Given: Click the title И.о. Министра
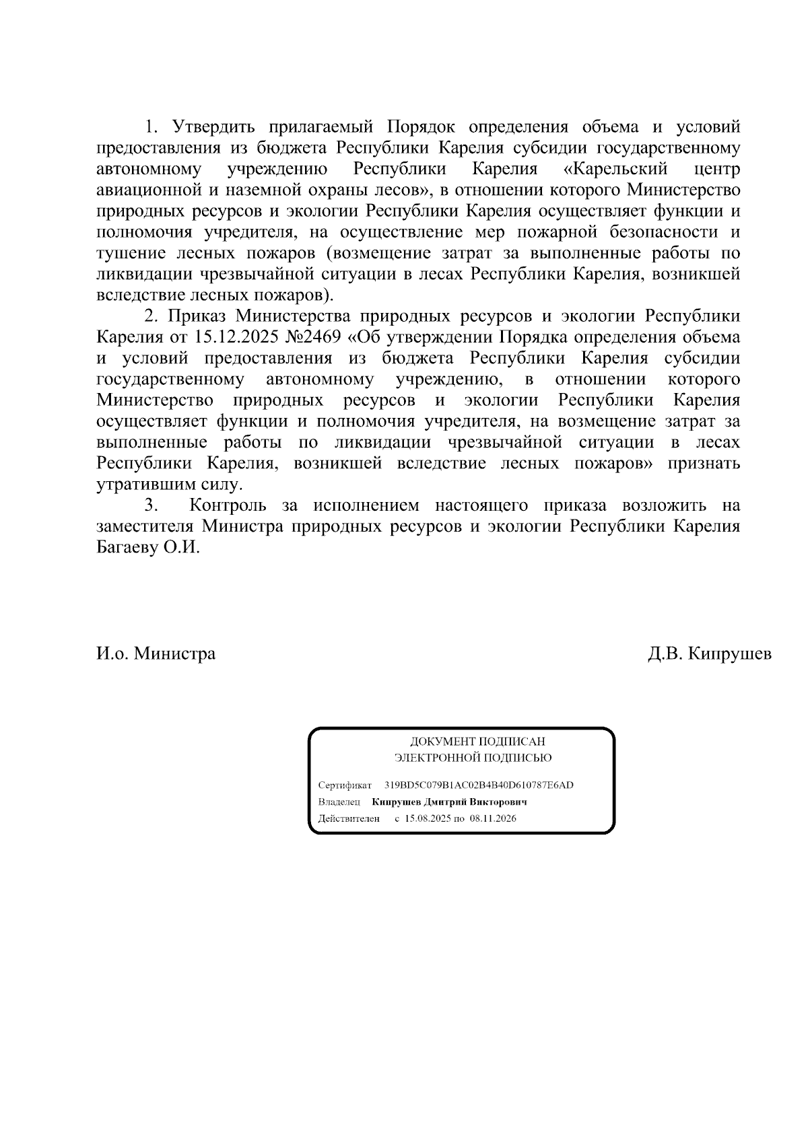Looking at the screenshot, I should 156,653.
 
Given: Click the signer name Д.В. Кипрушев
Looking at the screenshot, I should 709,653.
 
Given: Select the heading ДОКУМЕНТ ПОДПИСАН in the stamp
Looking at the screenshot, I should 477,742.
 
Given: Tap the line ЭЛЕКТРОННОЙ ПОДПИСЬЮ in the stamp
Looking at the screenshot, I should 473,758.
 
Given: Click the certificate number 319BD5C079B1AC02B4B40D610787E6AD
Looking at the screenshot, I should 479,785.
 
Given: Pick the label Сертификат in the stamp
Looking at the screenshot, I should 345,785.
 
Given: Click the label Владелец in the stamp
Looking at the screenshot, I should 339,802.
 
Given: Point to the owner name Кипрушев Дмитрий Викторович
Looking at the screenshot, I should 449,802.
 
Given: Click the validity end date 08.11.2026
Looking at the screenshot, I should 493,819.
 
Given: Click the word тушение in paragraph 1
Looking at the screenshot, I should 131,253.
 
